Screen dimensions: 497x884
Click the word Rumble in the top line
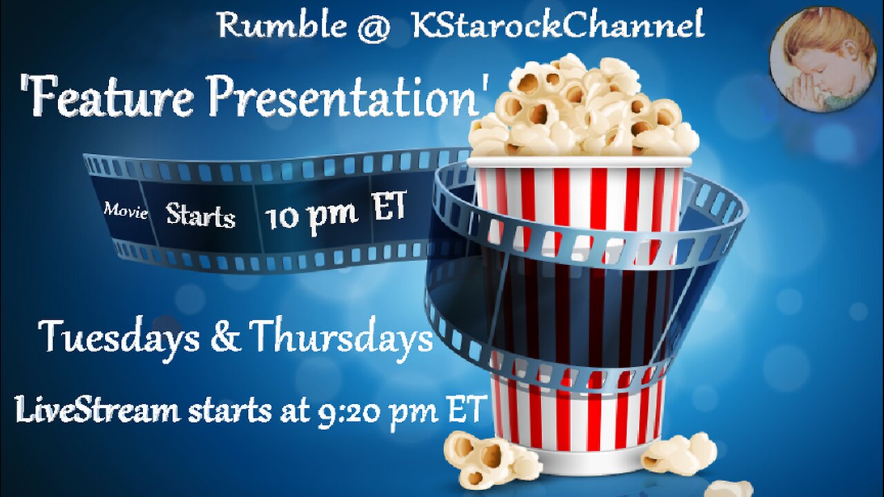pos(281,26)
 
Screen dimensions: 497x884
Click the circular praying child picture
pos(822,59)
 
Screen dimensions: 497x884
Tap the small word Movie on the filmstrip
pos(125,211)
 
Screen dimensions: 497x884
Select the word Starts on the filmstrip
pos(200,216)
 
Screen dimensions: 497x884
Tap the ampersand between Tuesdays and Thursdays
pos(231,338)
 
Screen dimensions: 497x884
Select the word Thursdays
pos(341,338)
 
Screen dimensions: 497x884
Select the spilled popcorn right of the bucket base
pos(680,454)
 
